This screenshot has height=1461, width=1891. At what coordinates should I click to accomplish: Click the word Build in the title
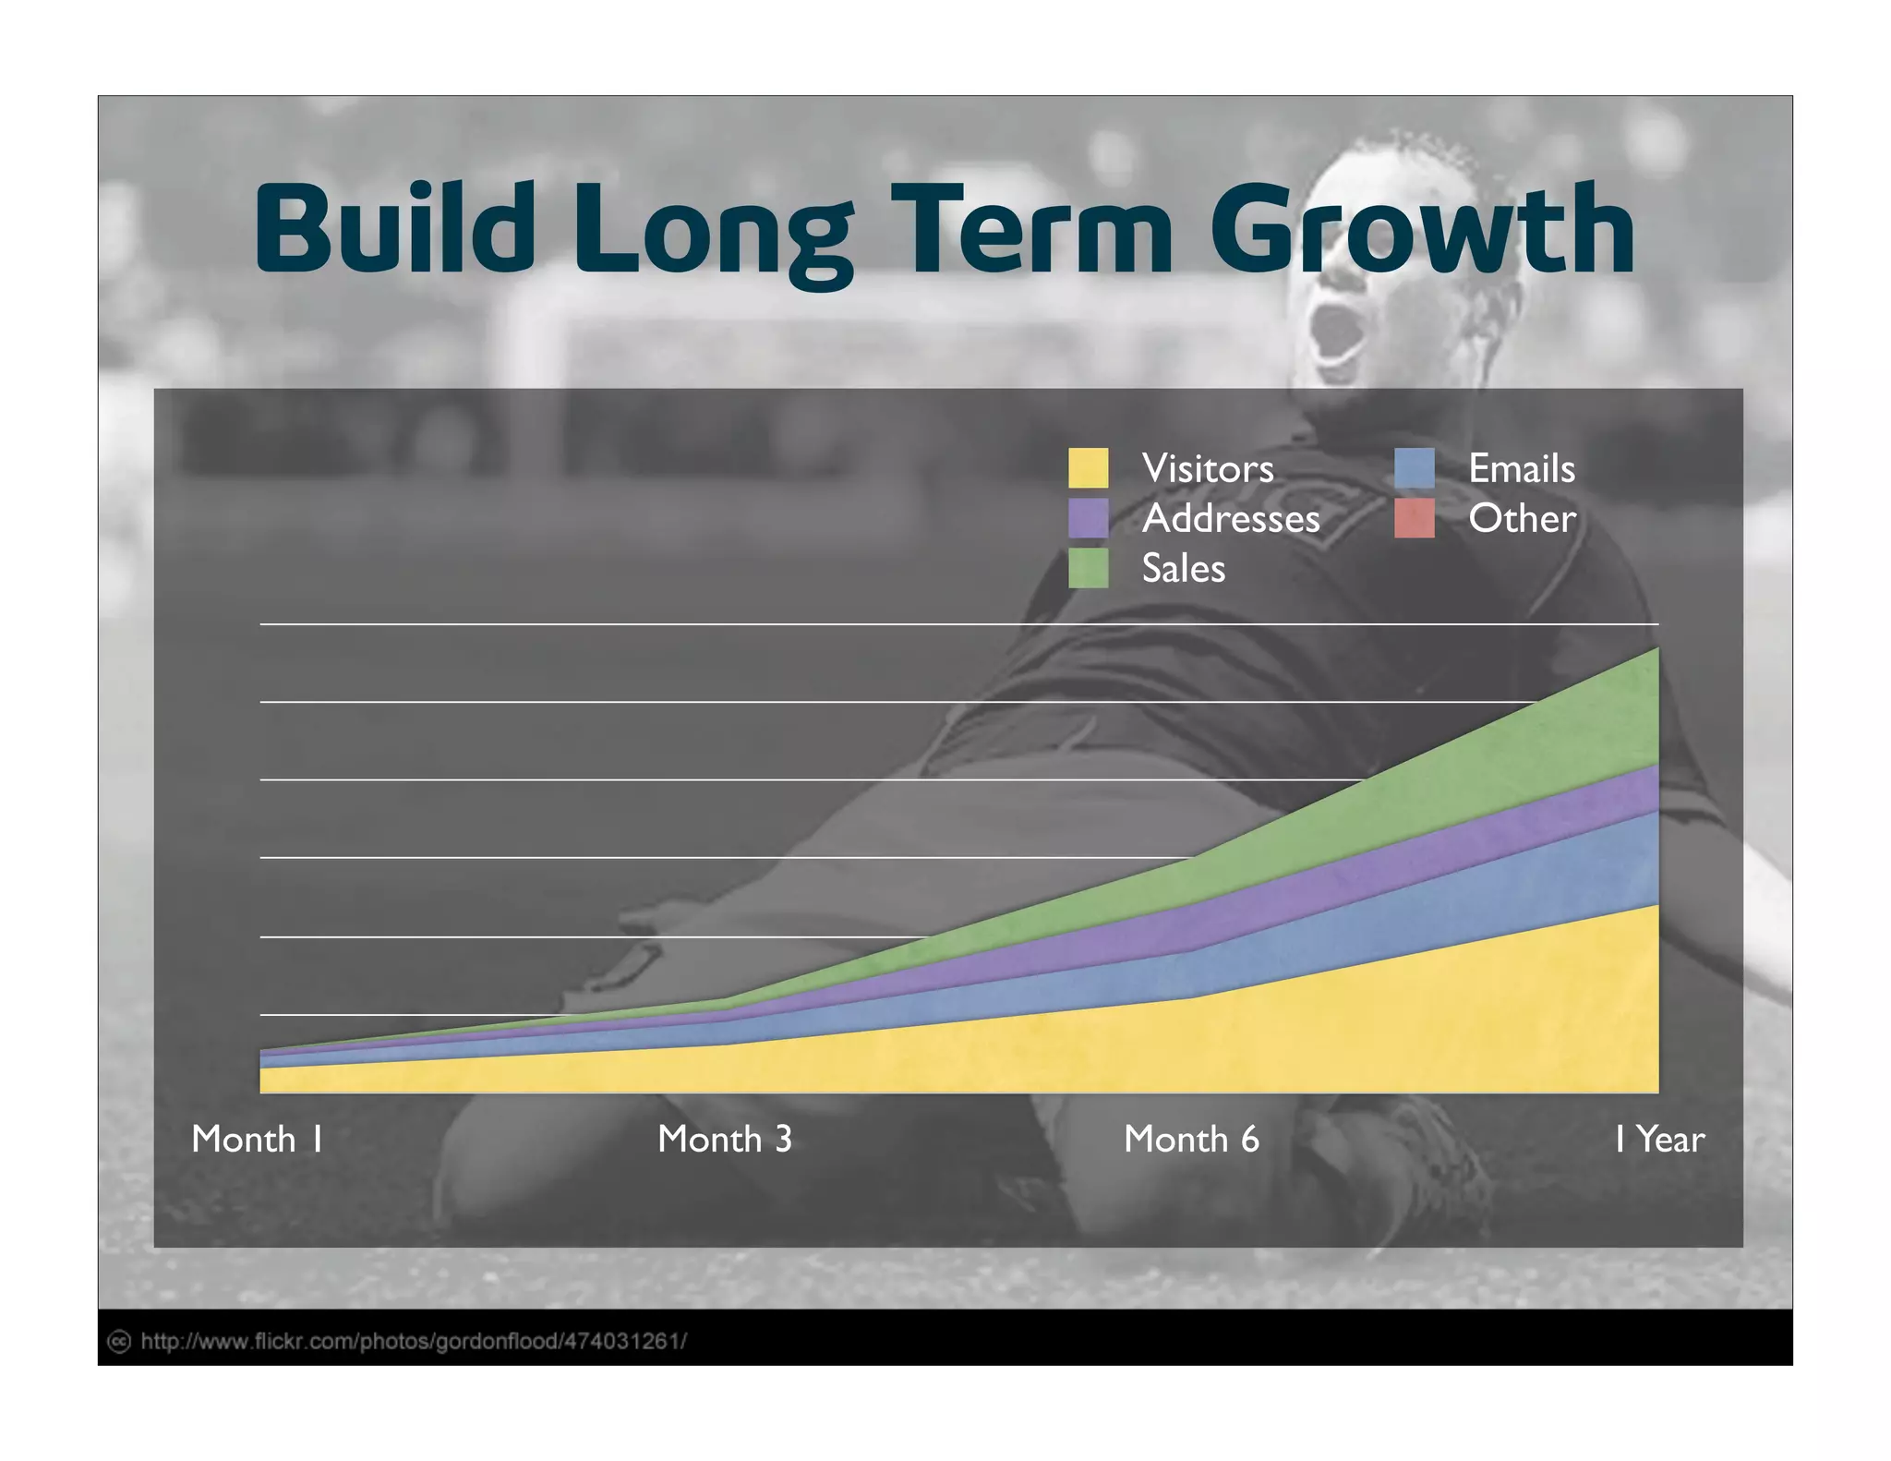(395, 228)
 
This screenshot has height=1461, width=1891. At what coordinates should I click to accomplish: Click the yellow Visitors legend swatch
(1088, 468)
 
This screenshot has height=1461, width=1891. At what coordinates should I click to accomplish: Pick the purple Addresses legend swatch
(1088, 518)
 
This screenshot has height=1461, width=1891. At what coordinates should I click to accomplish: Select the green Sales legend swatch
(1088, 568)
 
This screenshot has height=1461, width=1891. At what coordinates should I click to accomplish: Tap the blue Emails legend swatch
(1414, 468)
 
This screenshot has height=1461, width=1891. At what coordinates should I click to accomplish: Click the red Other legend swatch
(1414, 518)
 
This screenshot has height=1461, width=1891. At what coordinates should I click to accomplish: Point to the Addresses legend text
(1230, 518)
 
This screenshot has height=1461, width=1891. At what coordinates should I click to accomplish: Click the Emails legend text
(1521, 468)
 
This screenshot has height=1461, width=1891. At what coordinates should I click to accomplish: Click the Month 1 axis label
(257, 1139)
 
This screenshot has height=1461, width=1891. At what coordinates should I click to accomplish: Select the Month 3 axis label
(724, 1139)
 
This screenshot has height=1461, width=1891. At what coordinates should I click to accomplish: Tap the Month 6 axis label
(1190, 1139)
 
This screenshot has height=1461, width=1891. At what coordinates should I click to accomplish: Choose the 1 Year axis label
(1658, 1139)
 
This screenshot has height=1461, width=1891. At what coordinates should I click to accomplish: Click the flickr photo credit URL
(414, 1341)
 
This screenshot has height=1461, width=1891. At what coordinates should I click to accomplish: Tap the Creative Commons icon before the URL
(119, 1341)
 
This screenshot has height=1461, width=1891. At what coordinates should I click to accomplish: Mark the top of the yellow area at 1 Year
(1656, 906)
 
